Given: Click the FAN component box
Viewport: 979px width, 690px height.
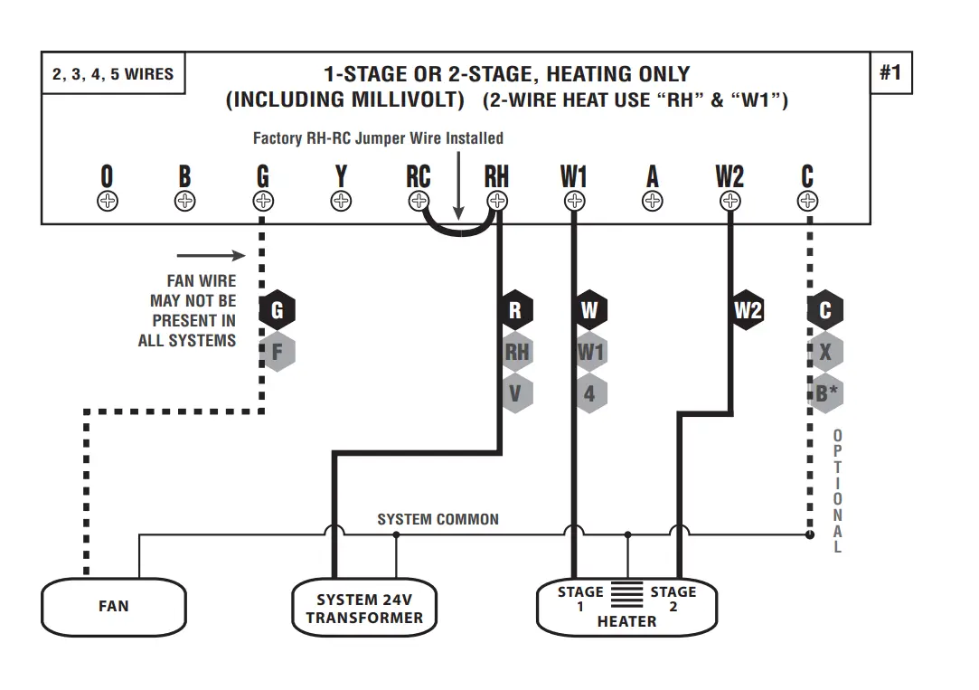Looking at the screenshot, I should pyautogui.click(x=113, y=607).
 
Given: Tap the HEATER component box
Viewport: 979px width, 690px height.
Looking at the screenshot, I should pyautogui.click(x=626, y=607).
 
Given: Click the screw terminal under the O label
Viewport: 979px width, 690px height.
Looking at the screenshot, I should pyautogui.click(x=107, y=201).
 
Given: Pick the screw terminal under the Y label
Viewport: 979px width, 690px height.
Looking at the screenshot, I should pyautogui.click(x=341, y=201).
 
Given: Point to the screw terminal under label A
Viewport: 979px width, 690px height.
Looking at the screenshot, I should pyautogui.click(x=652, y=201).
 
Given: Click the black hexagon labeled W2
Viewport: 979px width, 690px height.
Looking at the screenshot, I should pyautogui.click(x=748, y=310).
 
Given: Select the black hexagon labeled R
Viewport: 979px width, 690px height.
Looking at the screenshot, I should pyautogui.click(x=515, y=310).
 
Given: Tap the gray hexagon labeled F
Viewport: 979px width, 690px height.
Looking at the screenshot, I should pyautogui.click(x=277, y=352).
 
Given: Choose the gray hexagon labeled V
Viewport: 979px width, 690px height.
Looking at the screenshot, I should pyautogui.click(x=515, y=393).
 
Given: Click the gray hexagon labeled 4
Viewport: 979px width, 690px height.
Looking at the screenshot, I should pyautogui.click(x=589, y=393).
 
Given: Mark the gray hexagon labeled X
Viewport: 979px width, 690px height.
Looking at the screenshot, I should pyautogui.click(x=824, y=352).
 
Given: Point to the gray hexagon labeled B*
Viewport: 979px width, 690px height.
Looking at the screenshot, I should pyautogui.click(x=825, y=393).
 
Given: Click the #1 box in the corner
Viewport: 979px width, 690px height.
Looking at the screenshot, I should pyautogui.click(x=890, y=72).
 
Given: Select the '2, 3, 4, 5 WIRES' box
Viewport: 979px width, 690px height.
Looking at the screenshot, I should pyautogui.click(x=113, y=73).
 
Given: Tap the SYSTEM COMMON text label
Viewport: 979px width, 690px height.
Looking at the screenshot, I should pyautogui.click(x=438, y=519).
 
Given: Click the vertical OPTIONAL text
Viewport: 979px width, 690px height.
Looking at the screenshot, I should pyautogui.click(x=838, y=491).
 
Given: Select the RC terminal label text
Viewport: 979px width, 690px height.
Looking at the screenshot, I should pyautogui.click(x=418, y=176).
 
